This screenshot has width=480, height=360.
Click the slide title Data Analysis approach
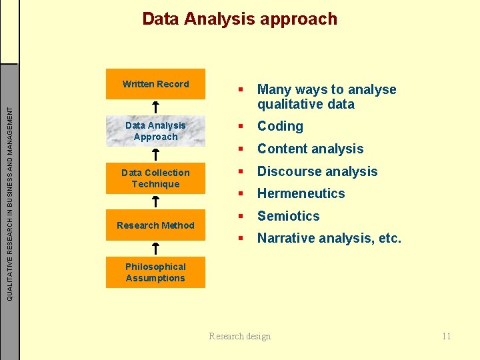240,19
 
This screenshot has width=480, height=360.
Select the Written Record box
155,84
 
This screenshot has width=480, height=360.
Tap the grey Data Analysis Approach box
155,131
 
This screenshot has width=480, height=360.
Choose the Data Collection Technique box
155,178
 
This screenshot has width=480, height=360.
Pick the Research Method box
155,225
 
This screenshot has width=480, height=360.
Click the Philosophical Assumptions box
155,272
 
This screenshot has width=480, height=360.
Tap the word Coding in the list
280,126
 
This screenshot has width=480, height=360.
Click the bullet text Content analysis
310,149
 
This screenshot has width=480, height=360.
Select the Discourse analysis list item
317,171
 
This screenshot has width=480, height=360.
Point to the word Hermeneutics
301,193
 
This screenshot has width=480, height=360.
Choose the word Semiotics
288,216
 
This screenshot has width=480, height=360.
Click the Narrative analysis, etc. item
329,238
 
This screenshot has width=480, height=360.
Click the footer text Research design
240,336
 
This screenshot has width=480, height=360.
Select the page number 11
446,336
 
